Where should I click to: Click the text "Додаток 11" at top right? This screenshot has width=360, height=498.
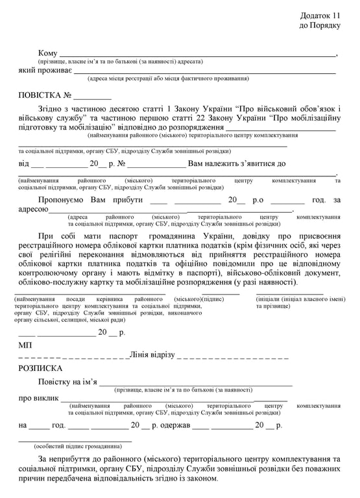coord(320,14)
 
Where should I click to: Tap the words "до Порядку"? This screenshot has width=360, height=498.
coord(320,25)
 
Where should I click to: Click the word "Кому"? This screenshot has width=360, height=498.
coord(48,53)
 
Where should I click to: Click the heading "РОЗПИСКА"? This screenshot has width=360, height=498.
coord(41,368)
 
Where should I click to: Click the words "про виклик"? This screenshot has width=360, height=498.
coord(39,398)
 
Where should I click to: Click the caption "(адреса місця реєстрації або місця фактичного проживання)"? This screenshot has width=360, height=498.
coord(168,78)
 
